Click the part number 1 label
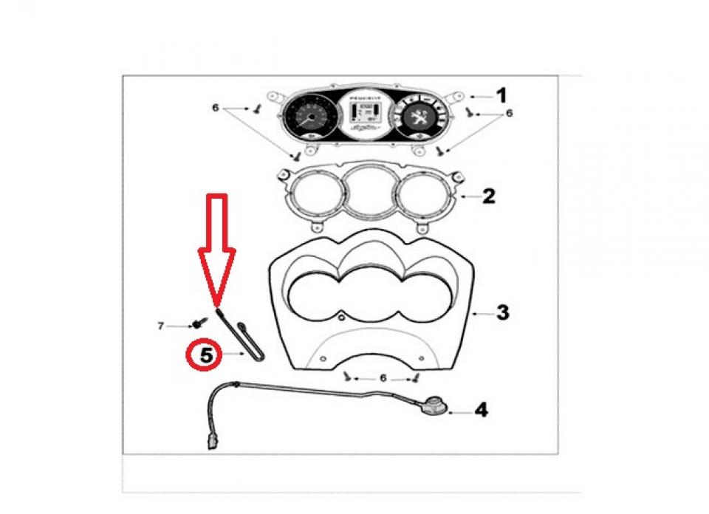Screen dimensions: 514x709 coord(501,95)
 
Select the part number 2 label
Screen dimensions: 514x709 coord(489,196)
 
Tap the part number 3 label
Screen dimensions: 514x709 coord(501,313)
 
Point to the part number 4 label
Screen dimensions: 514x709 coord(481,409)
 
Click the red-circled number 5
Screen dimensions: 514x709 coord(206,354)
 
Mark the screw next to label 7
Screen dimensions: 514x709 coord(199,323)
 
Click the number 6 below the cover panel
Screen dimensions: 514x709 coord(382,378)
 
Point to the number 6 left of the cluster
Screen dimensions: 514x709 coord(216,107)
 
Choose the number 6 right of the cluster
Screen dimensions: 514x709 coord(509,114)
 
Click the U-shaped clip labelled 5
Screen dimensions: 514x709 coord(243,340)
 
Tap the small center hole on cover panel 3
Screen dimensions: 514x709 coord(342,318)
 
